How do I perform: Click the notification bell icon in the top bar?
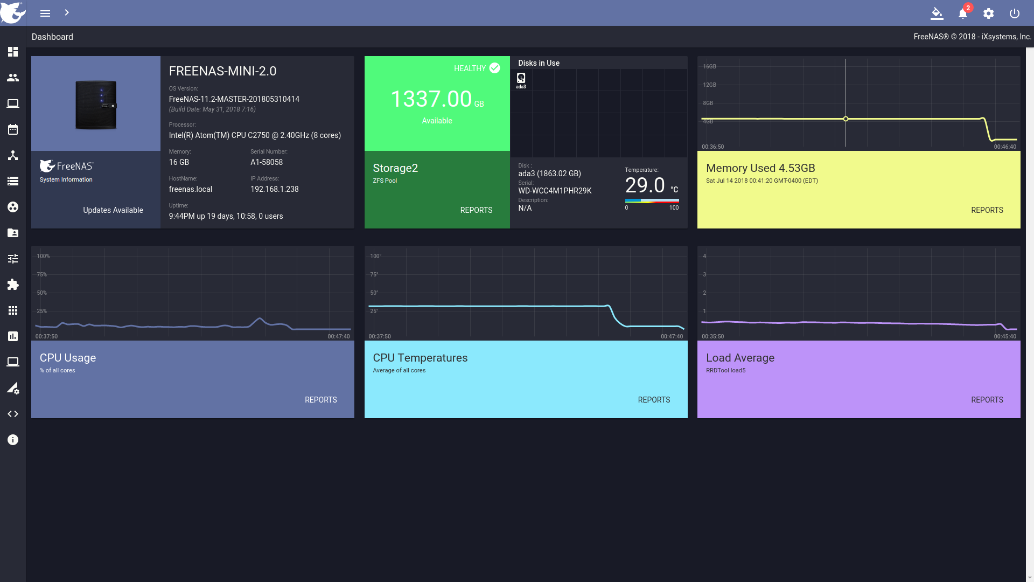pyautogui.click(x=962, y=13)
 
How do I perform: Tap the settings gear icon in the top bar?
pyautogui.click(x=988, y=13)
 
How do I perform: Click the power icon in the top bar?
pyautogui.click(x=1014, y=13)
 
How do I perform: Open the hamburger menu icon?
pyautogui.click(x=45, y=13)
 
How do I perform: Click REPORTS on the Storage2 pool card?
pyautogui.click(x=476, y=210)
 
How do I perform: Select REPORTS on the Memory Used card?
pyautogui.click(x=987, y=210)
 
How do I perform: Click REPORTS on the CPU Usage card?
pyautogui.click(x=320, y=400)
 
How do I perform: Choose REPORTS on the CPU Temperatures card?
pyautogui.click(x=654, y=400)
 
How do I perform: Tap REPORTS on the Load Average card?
pyautogui.click(x=987, y=400)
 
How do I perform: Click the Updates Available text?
pyautogui.click(x=113, y=210)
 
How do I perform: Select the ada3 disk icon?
pyautogui.click(x=521, y=78)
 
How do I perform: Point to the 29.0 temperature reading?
pyautogui.click(x=645, y=185)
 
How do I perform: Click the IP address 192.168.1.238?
pyautogui.click(x=274, y=189)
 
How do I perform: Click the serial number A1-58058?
pyautogui.click(x=267, y=162)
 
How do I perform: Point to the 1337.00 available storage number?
pyautogui.click(x=431, y=99)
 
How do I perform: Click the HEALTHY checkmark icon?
pyautogui.click(x=494, y=68)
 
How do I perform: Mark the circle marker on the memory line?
pyautogui.click(x=846, y=119)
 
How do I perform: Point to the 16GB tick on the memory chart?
pyautogui.click(x=709, y=67)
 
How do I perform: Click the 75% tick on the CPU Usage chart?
pyautogui.click(x=41, y=275)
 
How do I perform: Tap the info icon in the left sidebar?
pyautogui.click(x=13, y=440)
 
